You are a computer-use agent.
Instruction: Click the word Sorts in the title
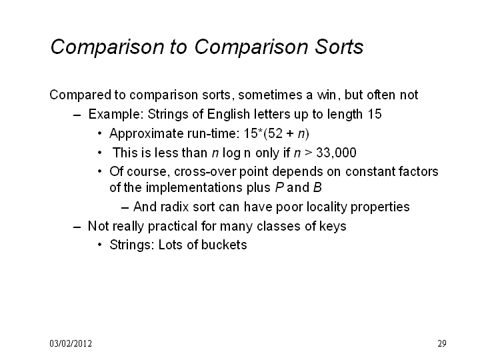339,47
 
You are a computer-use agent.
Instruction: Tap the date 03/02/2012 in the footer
71,343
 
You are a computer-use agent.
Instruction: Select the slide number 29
442,343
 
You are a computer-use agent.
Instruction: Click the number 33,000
336,153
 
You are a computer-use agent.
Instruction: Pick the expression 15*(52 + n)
277,133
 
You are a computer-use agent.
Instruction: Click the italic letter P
279,187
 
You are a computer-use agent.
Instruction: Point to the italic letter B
317,187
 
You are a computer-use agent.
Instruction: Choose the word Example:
116,114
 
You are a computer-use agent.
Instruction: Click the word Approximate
146,134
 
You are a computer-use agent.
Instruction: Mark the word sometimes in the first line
270,95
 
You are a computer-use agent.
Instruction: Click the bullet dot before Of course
99,171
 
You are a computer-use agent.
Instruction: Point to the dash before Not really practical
77,227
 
